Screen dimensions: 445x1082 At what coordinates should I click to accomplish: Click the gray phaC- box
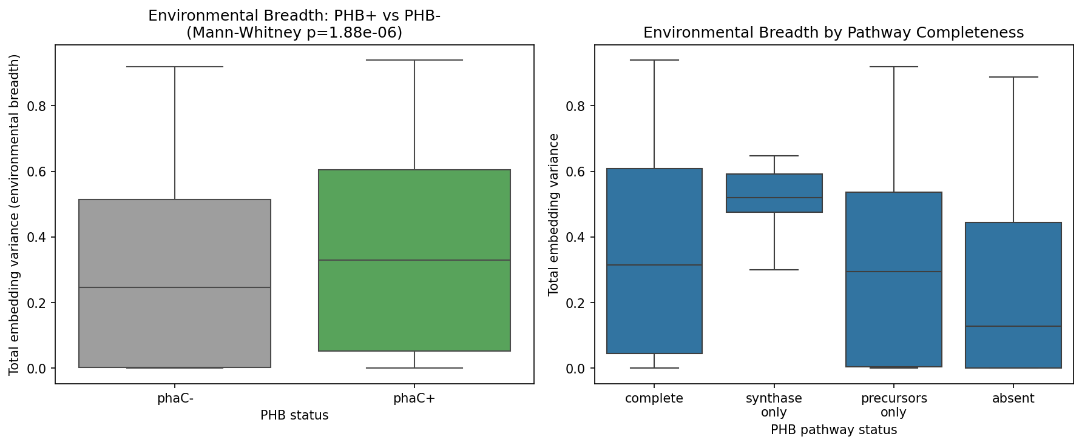pos(175,243)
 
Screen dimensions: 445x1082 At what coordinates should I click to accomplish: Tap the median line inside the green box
pos(414,260)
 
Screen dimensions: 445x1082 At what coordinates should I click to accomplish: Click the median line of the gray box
pos(175,287)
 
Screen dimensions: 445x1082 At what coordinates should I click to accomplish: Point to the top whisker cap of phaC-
pos(175,67)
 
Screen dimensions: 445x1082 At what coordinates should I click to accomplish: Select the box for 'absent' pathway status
pos(1013,273)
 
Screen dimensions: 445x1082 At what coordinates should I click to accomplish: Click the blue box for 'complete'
pos(654,224)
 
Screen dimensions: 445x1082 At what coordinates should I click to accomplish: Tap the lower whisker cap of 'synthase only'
pos(774,270)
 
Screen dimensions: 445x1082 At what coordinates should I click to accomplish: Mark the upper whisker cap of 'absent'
pos(1013,77)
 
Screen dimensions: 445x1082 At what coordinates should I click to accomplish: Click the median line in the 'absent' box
pos(1013,326)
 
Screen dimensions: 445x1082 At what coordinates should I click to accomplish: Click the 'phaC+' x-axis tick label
pos(414,398)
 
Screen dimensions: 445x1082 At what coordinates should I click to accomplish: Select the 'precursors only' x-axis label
pos(894,405)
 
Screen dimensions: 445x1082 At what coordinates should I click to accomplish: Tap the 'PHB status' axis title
pos(294,415)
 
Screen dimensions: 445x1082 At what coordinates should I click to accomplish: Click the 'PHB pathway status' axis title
pos(834,430)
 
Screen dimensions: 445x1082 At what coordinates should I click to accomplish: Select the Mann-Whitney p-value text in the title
pos(294,33)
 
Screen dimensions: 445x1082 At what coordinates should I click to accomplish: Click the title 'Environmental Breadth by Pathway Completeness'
pos(834,33)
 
